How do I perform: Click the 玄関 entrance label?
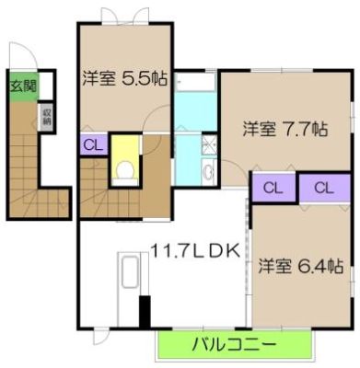[x=23, y=86]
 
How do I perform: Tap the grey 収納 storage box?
[x=47, y=118]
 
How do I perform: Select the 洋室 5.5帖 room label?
[x=125, y=79]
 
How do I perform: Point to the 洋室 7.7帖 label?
[x=285, y=129]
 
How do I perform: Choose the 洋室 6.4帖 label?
[x=300, y=266]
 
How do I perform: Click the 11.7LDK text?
[x=195, y=251]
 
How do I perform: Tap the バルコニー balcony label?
[x=234, y=345]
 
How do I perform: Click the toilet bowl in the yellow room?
[x=125, y=170]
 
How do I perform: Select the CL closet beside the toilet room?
[x=94, y=144]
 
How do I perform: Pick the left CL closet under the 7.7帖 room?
[x=273, y=188]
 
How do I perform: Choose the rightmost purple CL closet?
[x=325, y=188]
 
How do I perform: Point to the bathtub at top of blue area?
[x=195, y=82]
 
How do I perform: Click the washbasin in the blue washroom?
[x=210, y=171]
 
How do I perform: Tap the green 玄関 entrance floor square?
[x=24, y=86]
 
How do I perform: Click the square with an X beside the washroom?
[x=210, y=144]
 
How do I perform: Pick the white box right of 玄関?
[x=46, y=86]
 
